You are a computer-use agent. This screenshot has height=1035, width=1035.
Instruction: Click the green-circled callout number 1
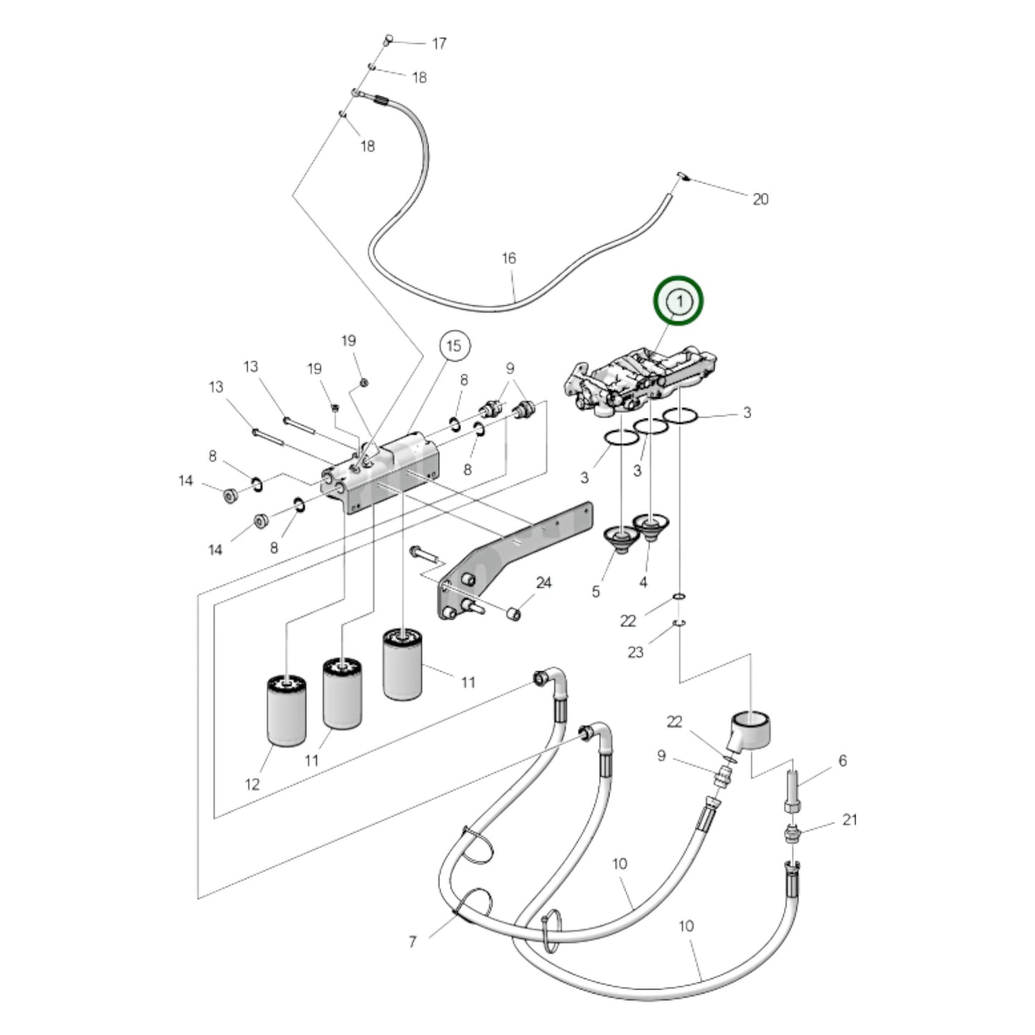click(678, 301)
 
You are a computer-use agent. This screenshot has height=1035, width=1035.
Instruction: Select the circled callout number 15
click(454, 347)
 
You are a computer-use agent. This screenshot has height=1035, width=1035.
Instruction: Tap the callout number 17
click(439, 44)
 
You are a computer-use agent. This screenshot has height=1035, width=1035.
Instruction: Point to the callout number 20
click(760, 199)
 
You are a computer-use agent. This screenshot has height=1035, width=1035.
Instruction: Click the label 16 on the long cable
click(509, 258)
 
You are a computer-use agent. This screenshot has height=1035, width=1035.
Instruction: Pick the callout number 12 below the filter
click(252, 784)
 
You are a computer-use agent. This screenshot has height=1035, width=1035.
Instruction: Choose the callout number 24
click(544, 583)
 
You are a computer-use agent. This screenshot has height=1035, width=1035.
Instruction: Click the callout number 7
click(413, 942)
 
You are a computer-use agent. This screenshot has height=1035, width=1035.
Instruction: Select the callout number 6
click(842, 761)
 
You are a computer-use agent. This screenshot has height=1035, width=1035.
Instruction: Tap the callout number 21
click(849, 819)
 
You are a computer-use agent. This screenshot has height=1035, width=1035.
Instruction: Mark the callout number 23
click(635, 652)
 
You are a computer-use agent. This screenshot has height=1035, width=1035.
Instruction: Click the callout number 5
click(596, 592)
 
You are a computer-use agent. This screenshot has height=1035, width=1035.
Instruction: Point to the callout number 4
click(642, 582)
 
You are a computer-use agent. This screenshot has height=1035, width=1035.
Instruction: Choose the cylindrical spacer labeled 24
click(513, 614)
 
